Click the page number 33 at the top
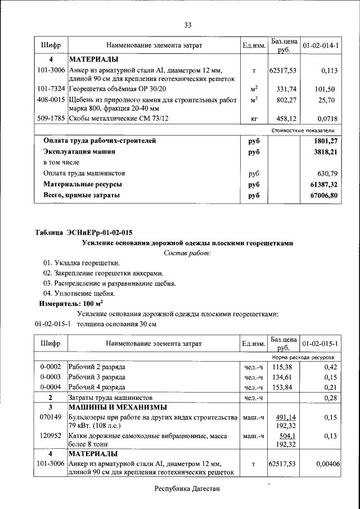click(x=188, y=24)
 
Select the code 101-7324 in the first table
click(x=50, y=89)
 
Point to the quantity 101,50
click(x=325, y=89)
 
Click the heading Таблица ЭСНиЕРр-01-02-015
click(x=84, y=232)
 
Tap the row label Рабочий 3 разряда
click(x=97, y=377)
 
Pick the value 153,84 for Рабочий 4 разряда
click(x=283, y=388)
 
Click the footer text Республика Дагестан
click(x=187, y=489)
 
